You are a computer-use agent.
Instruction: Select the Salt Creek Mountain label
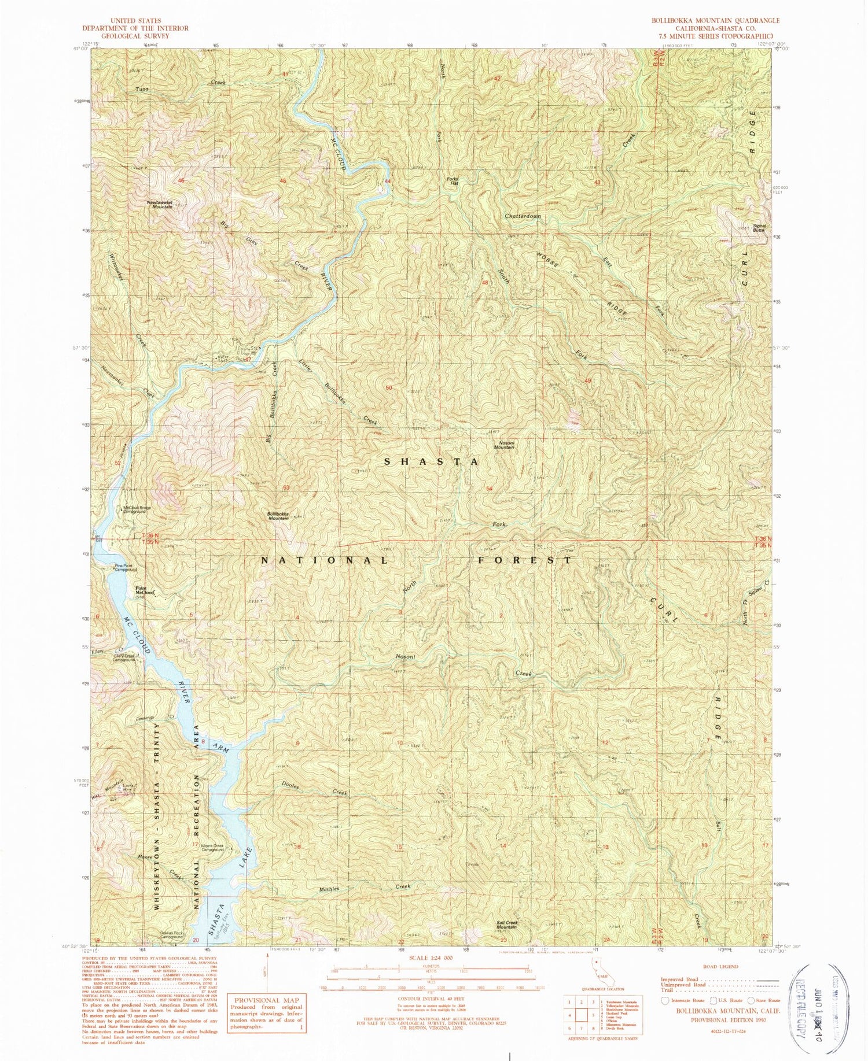coord(507,925)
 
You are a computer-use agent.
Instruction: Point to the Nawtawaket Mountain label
coord(159,204)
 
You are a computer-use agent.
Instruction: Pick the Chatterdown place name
coord(523,216)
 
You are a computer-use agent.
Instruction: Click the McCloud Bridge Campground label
coord(136,510)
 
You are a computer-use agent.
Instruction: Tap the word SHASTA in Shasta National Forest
coord(432,462)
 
